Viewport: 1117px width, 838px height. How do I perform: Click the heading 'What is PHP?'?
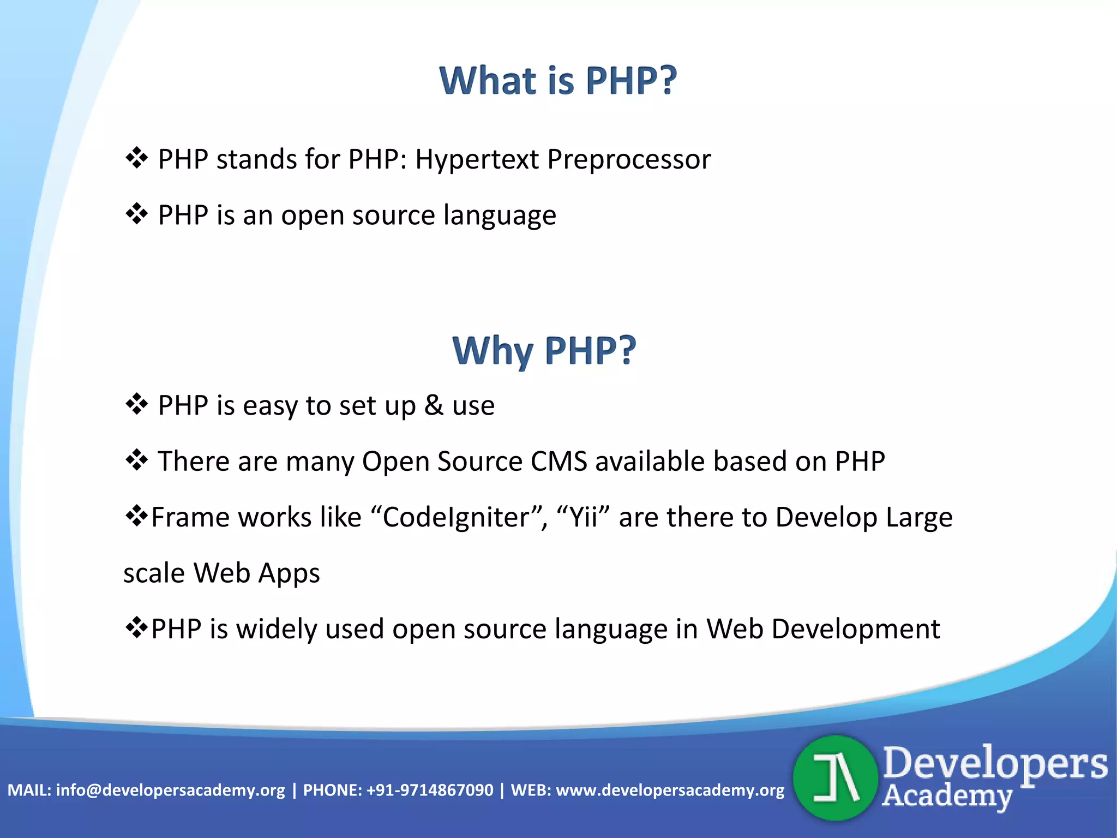pos(558,81)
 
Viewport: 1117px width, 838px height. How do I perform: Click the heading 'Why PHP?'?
pos(544,350)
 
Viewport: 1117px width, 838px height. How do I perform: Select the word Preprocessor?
pos(629,160)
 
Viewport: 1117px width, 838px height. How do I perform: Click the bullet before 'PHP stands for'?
pos(136,158)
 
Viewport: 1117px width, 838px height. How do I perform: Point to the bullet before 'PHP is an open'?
pos(136,214)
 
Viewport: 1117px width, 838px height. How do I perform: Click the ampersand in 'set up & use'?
pos(434,405)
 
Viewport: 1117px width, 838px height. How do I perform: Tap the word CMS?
pos(558,462)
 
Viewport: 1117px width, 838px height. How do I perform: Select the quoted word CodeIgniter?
pos(457,518)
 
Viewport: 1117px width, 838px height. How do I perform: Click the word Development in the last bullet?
pos(855,629)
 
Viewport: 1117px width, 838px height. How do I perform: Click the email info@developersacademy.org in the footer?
pos(170,790)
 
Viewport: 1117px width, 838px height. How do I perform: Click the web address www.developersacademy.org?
pos(670,790)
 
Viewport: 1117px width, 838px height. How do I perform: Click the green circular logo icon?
pos(835,778)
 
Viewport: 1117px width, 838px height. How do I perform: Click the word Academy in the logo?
pos(946,796)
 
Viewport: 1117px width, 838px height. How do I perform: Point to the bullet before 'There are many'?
pos(136,460)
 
